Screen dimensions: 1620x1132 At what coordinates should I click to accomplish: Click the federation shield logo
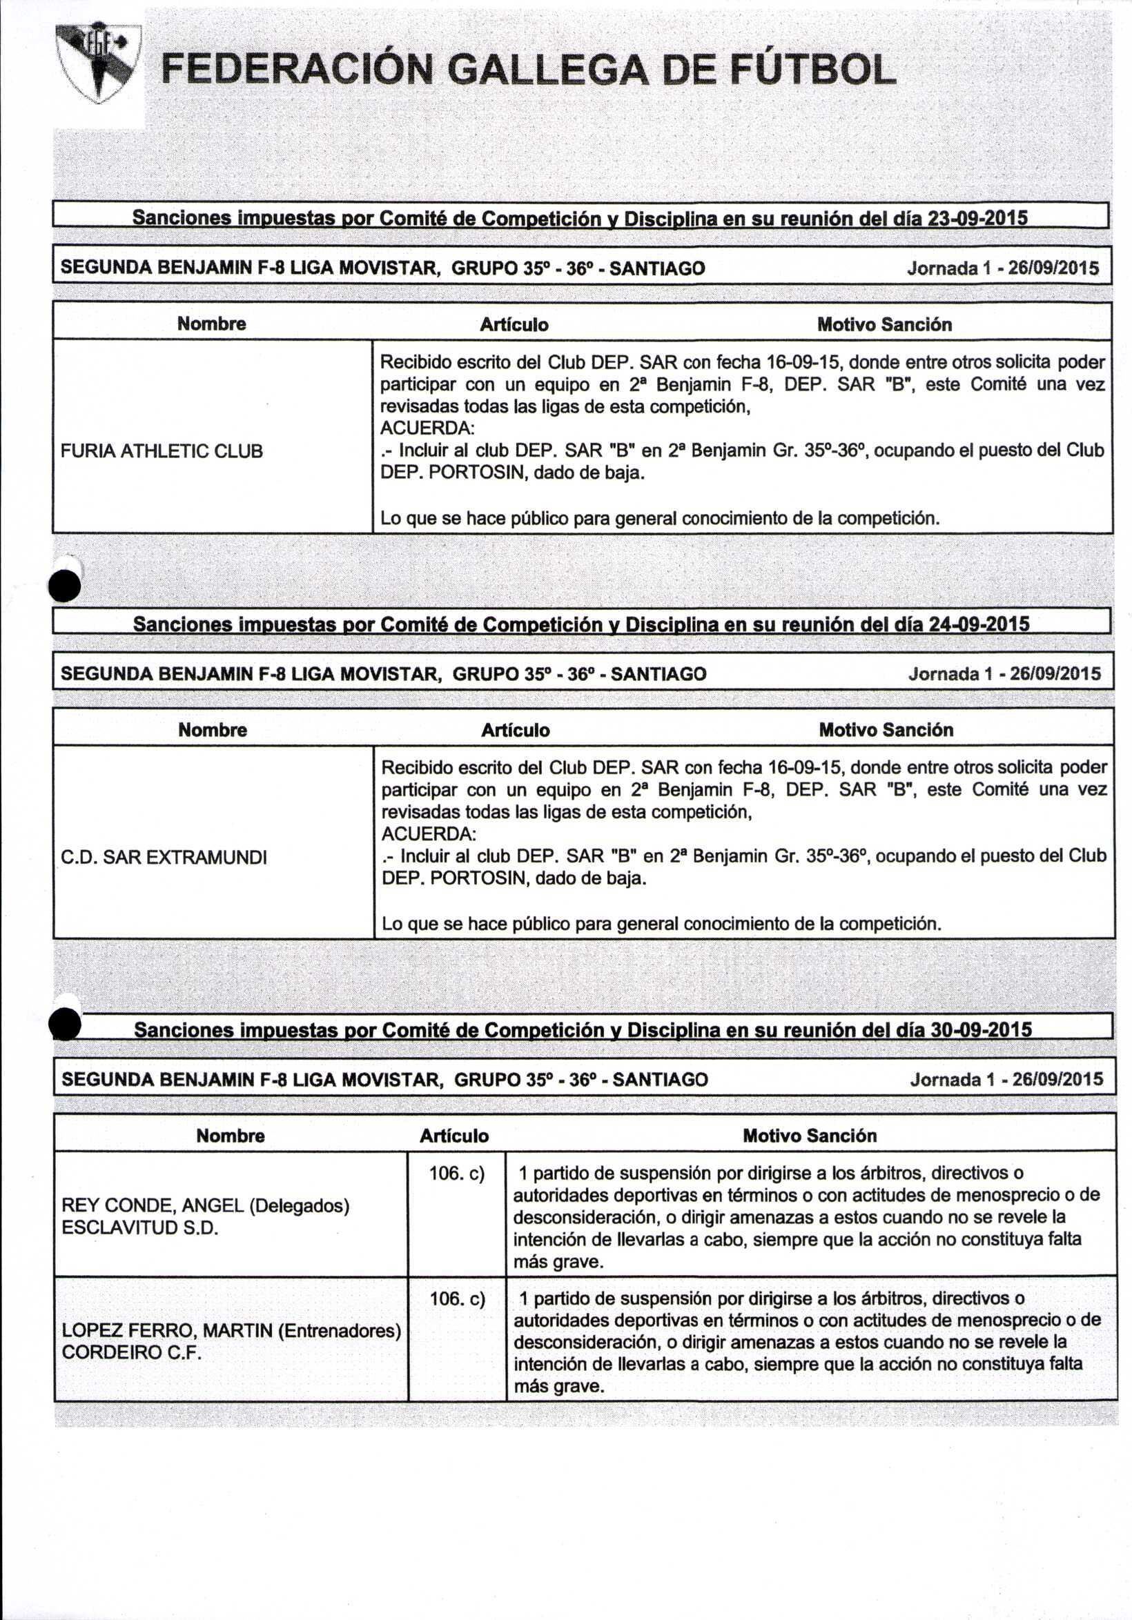(98, 63)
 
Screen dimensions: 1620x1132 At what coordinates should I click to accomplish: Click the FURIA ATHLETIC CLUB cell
(162, 451)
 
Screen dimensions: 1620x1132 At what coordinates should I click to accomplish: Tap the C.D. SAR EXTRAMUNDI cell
(164, 858)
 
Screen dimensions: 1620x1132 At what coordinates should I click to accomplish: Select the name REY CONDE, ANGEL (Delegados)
(206, 1205)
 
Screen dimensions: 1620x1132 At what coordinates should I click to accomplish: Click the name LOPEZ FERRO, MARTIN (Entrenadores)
(231, 1330)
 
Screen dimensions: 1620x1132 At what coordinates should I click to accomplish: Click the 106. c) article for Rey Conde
(457, 1174)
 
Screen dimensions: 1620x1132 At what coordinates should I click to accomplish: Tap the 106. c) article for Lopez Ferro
(458, 1298)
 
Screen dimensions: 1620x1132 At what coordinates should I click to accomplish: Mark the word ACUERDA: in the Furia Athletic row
(427, 428)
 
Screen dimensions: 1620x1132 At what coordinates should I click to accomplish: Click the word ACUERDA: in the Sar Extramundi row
(429, 834)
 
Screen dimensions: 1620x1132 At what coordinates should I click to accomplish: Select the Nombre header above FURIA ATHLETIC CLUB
(212, 324)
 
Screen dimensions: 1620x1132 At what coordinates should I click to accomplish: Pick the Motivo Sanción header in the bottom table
(810, 1135)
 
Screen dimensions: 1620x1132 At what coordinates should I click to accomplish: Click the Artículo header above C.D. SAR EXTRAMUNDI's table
(515, 730)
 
